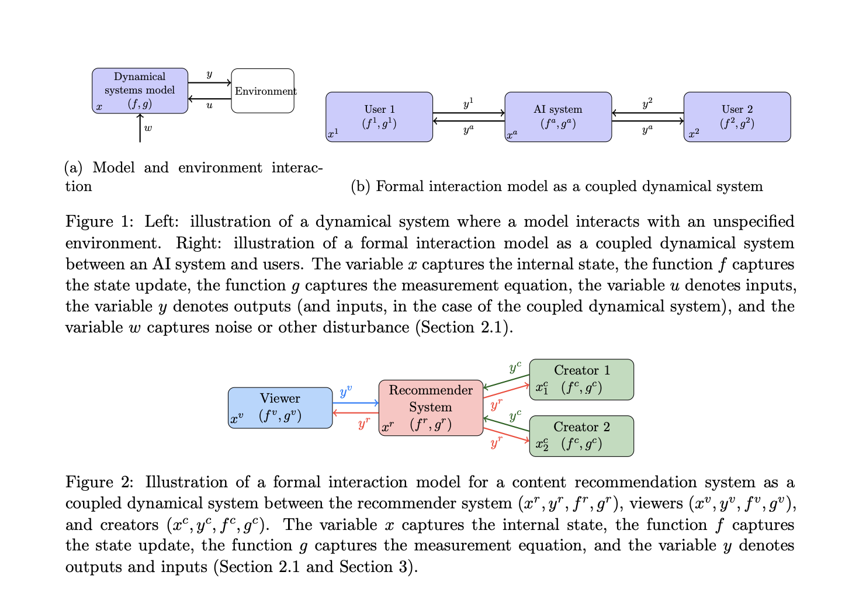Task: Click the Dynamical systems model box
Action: (140, 91)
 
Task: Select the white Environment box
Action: (262, 91)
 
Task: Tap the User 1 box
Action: (379, 117)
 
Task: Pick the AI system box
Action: (558, 117)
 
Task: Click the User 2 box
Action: (737, 117)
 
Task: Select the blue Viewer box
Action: (280, 408)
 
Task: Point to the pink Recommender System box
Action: (431, 408)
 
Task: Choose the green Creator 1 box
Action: (581, 379)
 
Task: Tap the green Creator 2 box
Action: (581, 436)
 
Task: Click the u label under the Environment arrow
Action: (209, 106)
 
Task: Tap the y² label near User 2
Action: (647, 103)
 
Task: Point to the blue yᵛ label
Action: (346, 391)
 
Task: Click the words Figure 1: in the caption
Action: (99, 222)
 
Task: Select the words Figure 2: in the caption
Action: (99, 483)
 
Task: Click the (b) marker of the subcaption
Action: (361, 186)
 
